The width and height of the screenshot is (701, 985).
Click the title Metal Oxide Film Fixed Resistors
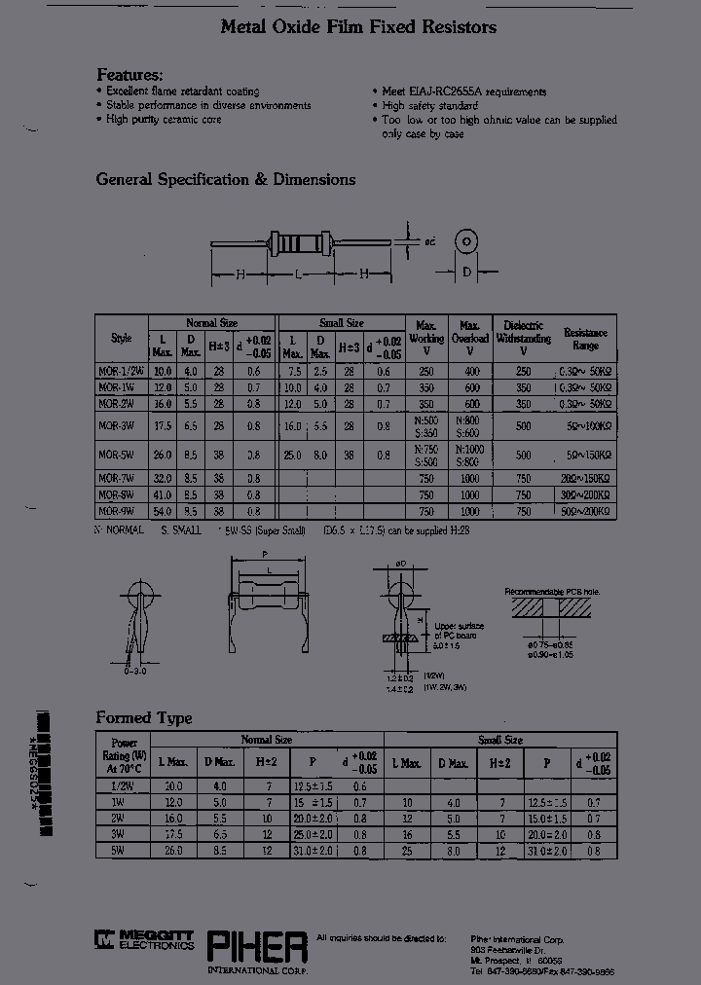pos(358,27)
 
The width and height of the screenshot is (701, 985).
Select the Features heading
pos(129,75)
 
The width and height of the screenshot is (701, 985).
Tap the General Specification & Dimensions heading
pos(225,179)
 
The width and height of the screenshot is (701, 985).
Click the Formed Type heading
pos(143,717)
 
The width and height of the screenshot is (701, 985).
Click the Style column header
pos(121,339)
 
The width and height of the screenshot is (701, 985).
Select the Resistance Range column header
pos(585,339)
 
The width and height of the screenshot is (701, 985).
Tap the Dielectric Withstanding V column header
pos(524,338)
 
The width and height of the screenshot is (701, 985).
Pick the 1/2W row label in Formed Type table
pos(122,785)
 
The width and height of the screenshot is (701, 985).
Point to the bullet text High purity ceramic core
pos(164,120)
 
